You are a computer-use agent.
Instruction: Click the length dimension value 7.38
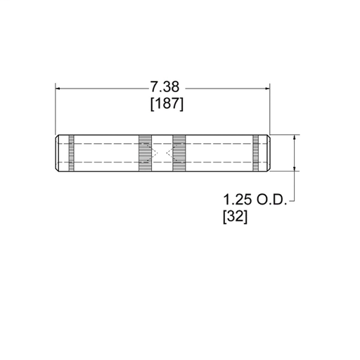(165, 86)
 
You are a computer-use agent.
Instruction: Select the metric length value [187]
(167, 103)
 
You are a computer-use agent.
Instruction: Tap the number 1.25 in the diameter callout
(238, 200)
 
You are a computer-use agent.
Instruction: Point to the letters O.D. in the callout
(271, 200)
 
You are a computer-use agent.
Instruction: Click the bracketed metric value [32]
(235, 217)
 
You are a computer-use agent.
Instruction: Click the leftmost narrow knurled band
(72, 153)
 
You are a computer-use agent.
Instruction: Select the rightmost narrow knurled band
(256, 153)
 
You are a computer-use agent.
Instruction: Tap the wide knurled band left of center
(145, 153)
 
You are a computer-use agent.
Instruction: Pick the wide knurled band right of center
(179, 153)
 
